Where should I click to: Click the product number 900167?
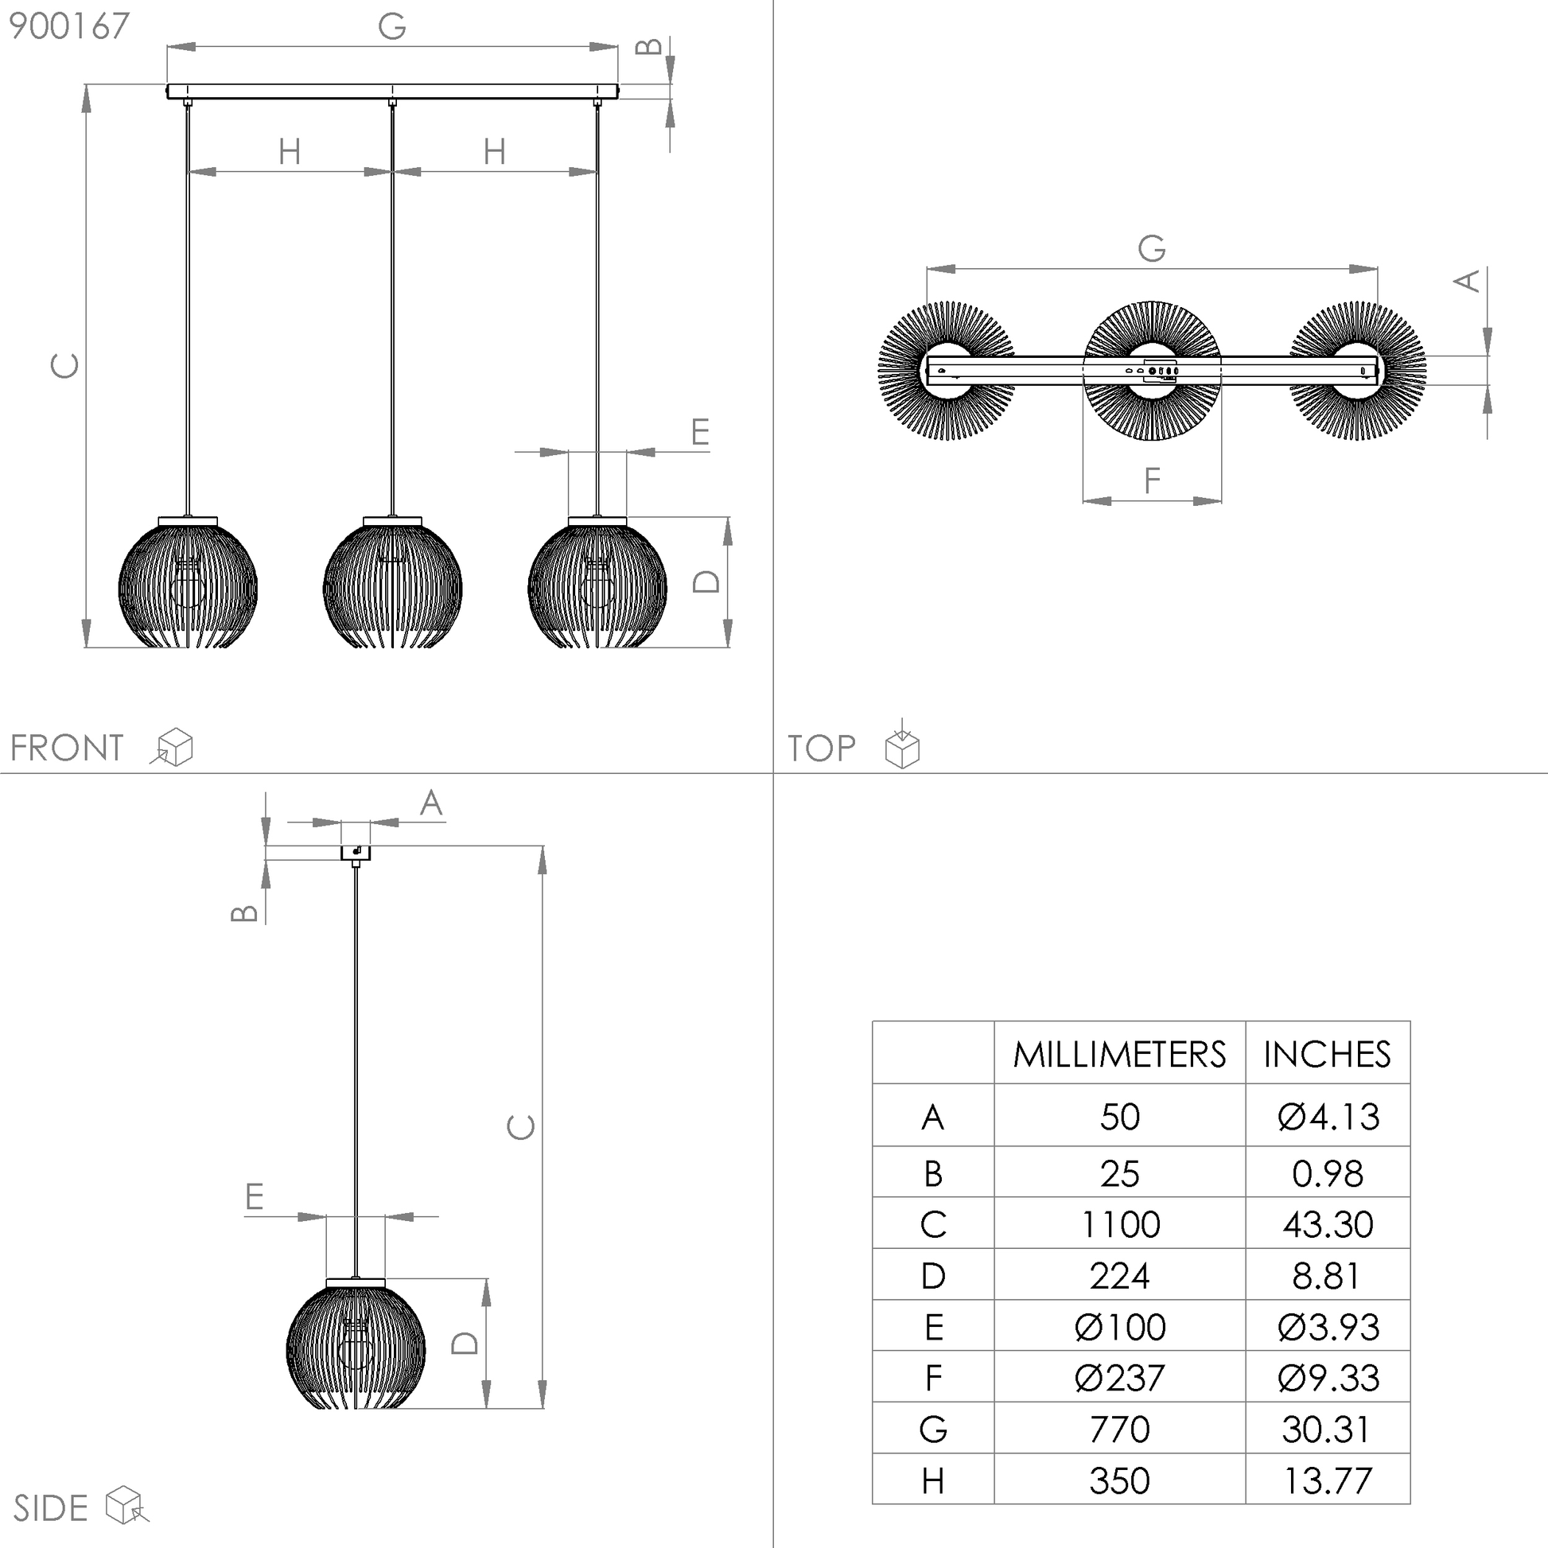click(69, 26)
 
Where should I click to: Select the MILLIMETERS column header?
click(1119, 1055)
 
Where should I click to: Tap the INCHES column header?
click(1327, 1055)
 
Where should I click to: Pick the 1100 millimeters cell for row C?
click(1119, 1224)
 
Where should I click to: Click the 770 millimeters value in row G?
click(1119, 1429)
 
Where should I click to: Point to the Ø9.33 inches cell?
click(1328, 1378)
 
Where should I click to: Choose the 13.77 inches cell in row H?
click(1328, 1480)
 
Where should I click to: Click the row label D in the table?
click(933, 1276)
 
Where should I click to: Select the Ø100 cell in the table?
click(1119, 1327)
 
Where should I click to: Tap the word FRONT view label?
click(68, 749)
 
